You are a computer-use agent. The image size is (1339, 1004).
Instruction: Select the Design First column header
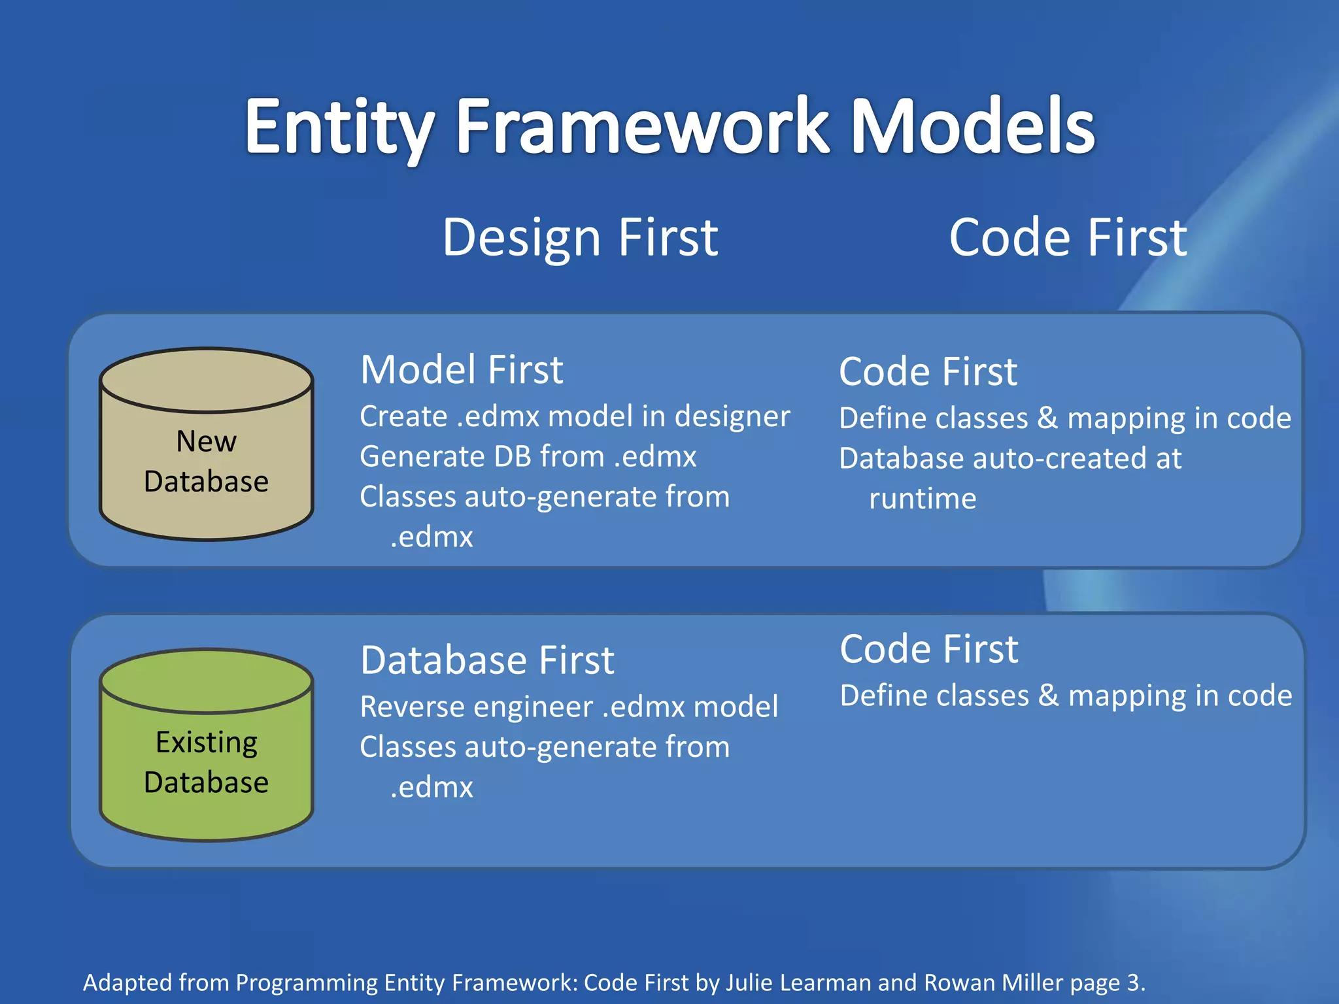[580, 237]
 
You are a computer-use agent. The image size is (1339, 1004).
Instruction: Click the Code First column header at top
[1068, 237]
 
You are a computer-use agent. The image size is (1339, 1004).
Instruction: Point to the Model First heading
[462, 369]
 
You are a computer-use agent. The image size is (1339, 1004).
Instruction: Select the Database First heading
[487, 660]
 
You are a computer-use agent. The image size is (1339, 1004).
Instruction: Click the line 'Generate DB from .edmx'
[528, 456]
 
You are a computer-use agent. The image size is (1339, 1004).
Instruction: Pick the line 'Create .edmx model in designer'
[575, 416]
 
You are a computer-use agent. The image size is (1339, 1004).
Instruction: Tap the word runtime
[922, 499]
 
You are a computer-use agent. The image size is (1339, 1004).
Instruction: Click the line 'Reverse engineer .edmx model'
[569, 707]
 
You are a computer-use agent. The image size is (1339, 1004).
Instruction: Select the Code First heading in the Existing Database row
[929, 649]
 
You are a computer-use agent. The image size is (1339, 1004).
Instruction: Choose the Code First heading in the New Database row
[928, 371]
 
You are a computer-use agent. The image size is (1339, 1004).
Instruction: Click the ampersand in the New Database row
[1047, 418]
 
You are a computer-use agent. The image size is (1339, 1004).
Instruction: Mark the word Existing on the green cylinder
[207, 743]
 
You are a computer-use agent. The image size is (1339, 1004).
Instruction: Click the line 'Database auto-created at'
[1010, 458]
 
